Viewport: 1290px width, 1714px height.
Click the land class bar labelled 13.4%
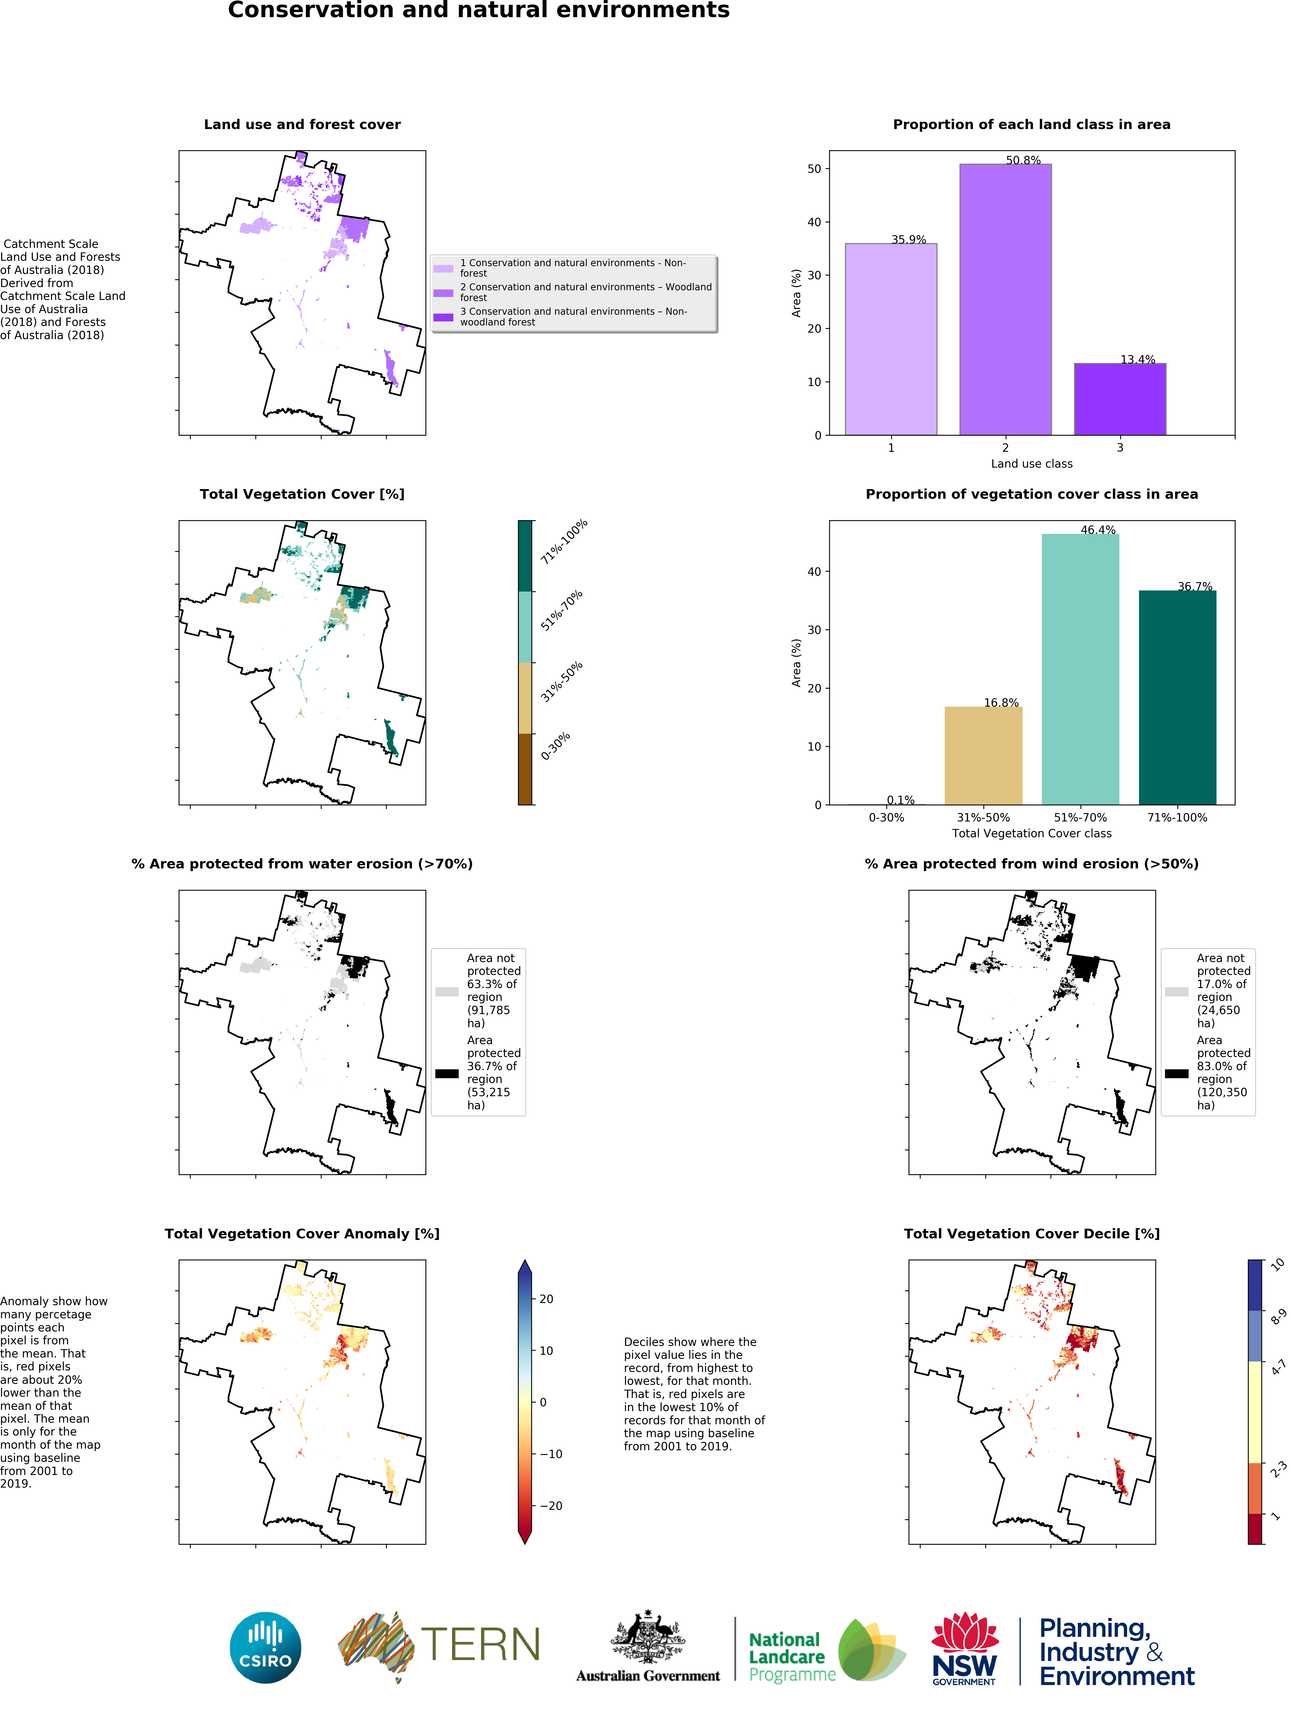click(1120, 399)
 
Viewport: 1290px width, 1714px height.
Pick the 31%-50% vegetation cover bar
click(983, 755)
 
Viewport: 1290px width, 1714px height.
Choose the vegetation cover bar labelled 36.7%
click(1177, 698)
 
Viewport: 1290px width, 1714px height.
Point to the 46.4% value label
click(1098, 530)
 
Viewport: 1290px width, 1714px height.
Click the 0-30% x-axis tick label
click(886, 817)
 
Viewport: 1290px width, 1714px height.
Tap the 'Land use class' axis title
click(1031, 463)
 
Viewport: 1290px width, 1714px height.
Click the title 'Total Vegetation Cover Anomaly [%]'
click(302, 1234)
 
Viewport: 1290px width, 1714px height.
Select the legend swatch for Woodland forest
click(443, 293)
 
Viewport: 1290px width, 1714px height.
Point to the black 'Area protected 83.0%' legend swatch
click(1176, 1073)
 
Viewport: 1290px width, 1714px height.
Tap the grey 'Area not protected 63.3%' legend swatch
click(446, 991)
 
